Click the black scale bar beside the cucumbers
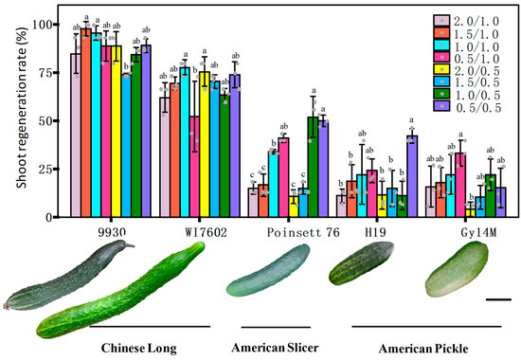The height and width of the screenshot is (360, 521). (502, 299)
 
